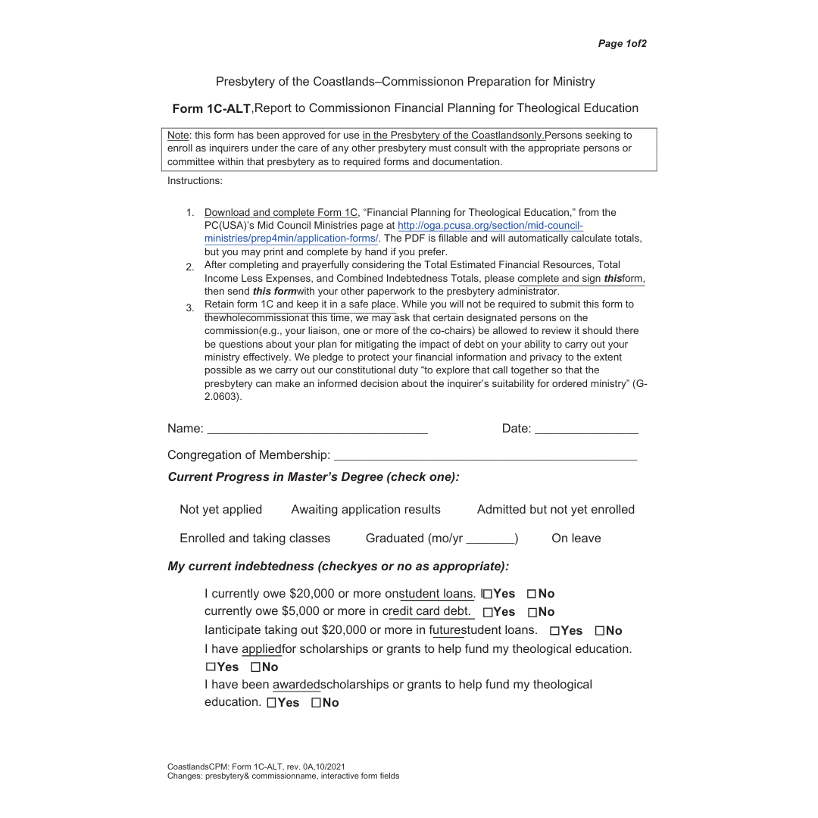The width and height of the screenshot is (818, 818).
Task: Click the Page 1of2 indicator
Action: point(622,44)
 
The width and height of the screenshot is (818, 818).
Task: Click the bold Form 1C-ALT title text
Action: point(211,108)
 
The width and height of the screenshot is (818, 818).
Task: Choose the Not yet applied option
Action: point(220,510)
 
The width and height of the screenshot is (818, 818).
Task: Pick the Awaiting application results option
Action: point(365,510)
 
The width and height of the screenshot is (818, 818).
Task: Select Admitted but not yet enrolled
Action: point(555,510)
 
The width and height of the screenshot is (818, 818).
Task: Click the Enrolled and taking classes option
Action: point(254,539)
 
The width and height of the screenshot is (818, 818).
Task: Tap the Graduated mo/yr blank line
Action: point(490,539)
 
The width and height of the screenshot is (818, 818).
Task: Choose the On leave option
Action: point(576,539)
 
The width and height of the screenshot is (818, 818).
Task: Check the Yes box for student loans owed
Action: point(488,595)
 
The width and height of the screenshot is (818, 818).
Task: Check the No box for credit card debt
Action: point(532,612)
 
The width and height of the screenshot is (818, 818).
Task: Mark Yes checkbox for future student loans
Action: point(555,631)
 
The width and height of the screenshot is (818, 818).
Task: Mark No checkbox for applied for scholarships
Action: point(256,667)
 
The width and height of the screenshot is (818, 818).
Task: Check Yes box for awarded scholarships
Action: point(272,703)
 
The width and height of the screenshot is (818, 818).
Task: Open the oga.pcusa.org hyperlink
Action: point(490,226)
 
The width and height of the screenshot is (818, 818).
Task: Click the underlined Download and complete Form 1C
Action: point(280,213)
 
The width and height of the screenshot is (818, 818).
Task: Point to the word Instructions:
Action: point(195,181)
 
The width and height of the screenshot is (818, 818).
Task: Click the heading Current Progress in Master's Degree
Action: point(313,477)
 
